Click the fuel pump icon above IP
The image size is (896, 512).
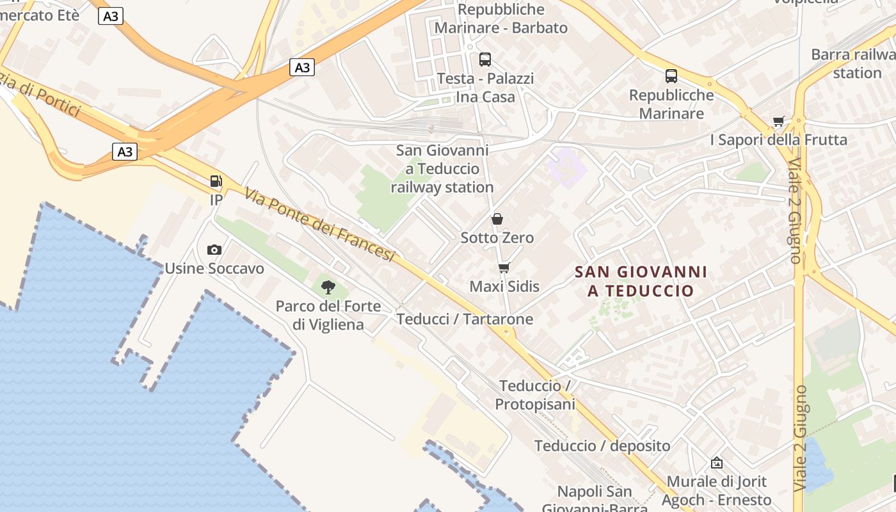[216, 181]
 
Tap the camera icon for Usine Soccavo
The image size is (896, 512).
[214, 250]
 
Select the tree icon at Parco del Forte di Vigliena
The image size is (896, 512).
[328, 287]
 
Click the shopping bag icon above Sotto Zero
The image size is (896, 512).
[497, 219]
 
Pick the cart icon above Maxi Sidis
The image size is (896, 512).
[504, 268]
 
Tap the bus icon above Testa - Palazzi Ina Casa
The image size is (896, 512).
[485, 60]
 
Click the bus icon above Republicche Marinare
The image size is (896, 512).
[671, 76]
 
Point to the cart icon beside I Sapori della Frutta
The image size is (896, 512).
[779, 121]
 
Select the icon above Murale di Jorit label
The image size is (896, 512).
[717, 462]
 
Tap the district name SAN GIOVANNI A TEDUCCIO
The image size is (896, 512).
[641, 281]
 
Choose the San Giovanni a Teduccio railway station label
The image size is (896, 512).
[442, 169]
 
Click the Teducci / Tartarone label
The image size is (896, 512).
[465, 319]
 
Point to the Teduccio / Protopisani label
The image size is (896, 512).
[535, 395]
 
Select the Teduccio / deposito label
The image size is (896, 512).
[602, 445]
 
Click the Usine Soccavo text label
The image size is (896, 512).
[214, 268]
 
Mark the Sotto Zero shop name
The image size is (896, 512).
[497, 238]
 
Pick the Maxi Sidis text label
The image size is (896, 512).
[504, 286]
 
